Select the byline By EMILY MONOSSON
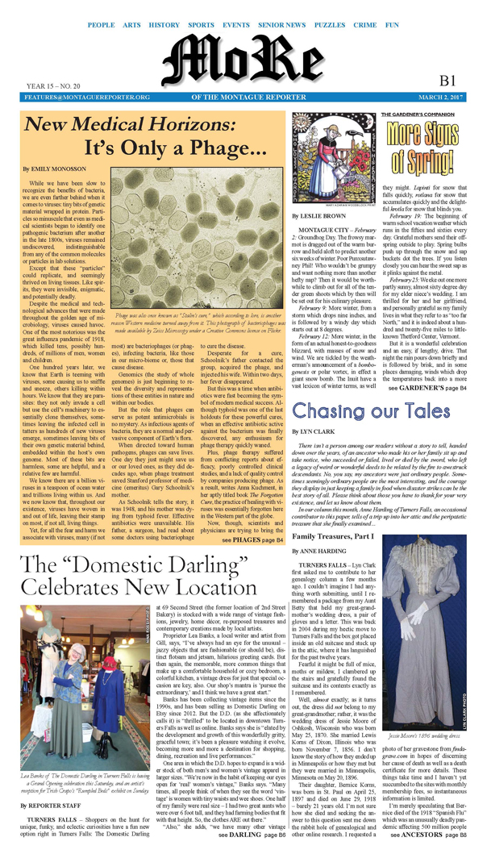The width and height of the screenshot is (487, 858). pyautogui.click(x=52, y=169)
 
